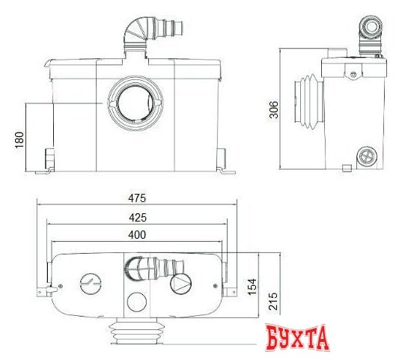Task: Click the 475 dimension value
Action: click(x=135, y=198)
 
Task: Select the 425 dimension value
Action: click(x=135, y=217)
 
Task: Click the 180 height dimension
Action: click(x=20, y=139)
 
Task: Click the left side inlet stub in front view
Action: click(x=50, y=158)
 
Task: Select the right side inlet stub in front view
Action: click(x=222, y=157)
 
